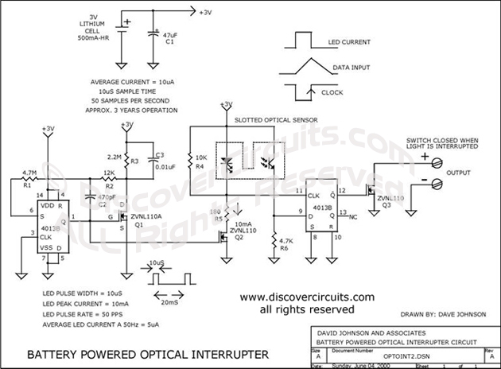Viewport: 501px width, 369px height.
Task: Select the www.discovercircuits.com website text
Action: tap(295, 295)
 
